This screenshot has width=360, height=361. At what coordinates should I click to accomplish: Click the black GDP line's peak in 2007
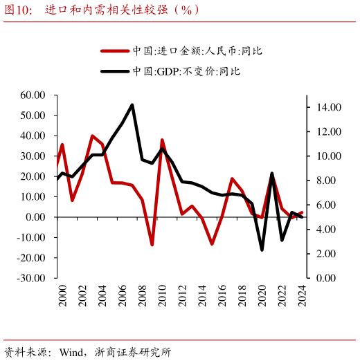click(132, 105)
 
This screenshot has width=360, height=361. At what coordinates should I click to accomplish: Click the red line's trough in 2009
click(152, 245)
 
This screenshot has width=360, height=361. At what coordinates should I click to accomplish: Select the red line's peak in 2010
click(162, 140)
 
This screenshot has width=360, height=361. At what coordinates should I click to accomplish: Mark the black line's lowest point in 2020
click(262, 250)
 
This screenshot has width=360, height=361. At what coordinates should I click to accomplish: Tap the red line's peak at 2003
click(92, 136)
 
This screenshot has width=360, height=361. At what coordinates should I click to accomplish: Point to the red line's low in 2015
click(212, 244)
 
